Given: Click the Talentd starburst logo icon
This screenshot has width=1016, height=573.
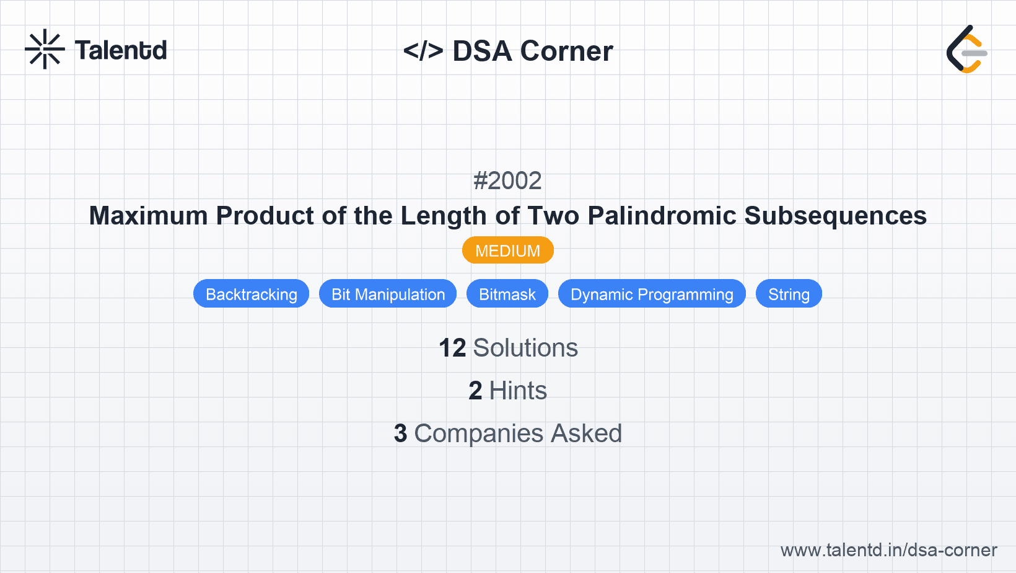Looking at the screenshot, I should [45, 50].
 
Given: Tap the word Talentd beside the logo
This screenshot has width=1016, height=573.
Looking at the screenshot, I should [121, 50].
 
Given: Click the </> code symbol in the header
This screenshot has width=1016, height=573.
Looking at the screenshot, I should [423, 51].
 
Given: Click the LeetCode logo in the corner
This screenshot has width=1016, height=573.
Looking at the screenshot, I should [966, 50].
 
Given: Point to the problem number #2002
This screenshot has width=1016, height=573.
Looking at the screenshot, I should [507, 181].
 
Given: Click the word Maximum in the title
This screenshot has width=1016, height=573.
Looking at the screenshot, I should [149, 216].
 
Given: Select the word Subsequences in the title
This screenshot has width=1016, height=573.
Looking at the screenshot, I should [835, 216].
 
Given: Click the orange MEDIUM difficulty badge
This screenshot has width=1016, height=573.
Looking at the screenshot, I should [507, 251].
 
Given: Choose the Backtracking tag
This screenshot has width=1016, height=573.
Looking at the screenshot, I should [251, 294].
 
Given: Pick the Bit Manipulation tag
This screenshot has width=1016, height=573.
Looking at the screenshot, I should [388, 294].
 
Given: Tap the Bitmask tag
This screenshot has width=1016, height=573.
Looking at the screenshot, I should [507, 294].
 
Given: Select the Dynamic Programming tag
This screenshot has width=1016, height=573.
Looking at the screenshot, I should [652, 294].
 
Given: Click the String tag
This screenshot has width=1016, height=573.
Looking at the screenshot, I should [789, 294].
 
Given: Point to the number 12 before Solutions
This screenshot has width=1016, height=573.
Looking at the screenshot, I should [452, 348].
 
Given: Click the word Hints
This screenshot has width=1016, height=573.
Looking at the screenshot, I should [518, 391].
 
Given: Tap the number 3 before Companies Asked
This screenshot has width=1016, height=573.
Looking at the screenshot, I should [401, 433].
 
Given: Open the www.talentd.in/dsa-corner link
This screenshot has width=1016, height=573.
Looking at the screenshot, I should [888, 550].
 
